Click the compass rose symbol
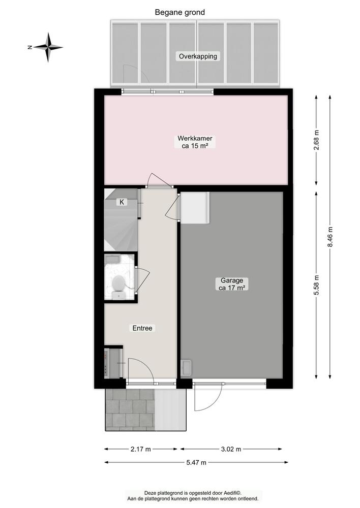[49, 47]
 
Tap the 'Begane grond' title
[179, 12]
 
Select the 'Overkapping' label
[197, 56]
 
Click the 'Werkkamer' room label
[195, 138]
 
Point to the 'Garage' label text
[232, 280]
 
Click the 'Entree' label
[142, 328]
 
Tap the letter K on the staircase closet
[122, 202]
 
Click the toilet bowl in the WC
[119, 283]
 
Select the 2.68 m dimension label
[316, 140]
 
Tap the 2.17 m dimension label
[141, 449]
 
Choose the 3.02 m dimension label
[231, 449]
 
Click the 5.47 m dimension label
[196, 462]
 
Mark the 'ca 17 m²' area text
[232, 288]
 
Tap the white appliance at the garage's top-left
[195, 207]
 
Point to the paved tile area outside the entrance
[129, 409]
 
